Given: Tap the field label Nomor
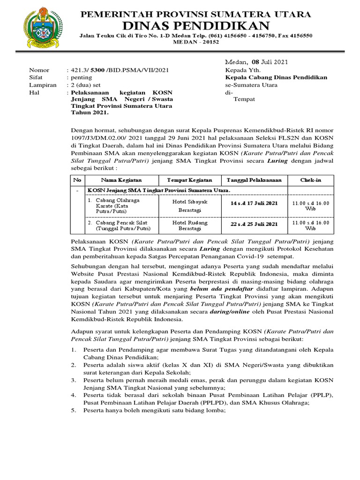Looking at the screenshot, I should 39,70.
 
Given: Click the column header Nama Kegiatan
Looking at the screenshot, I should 121,180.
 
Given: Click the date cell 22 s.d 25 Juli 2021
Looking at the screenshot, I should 254,224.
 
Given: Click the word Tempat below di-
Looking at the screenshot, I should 243,100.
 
